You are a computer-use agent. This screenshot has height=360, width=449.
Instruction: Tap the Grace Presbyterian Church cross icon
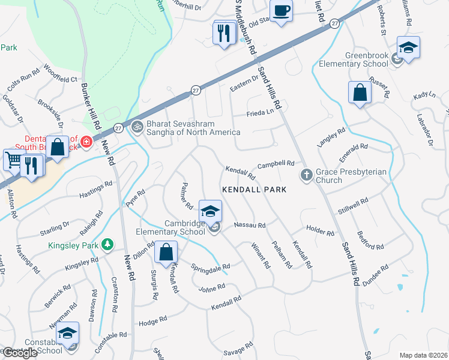tap(306, 175)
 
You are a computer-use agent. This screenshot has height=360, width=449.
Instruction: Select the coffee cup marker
tap(281, 11)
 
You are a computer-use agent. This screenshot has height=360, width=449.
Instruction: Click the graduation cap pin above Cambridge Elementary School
tap(210, 211)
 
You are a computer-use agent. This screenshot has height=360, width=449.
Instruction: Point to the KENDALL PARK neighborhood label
tap(254, 189)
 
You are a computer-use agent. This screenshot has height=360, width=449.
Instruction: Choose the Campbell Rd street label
tap(276, 163)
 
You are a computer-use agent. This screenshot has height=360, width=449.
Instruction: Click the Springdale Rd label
tap(210, 266)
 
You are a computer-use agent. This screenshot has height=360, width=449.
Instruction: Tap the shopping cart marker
tap(13, 160)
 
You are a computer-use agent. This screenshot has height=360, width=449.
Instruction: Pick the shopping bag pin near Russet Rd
tap(360, 92)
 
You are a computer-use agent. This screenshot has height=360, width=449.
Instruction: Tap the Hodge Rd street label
tap(152, 323)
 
